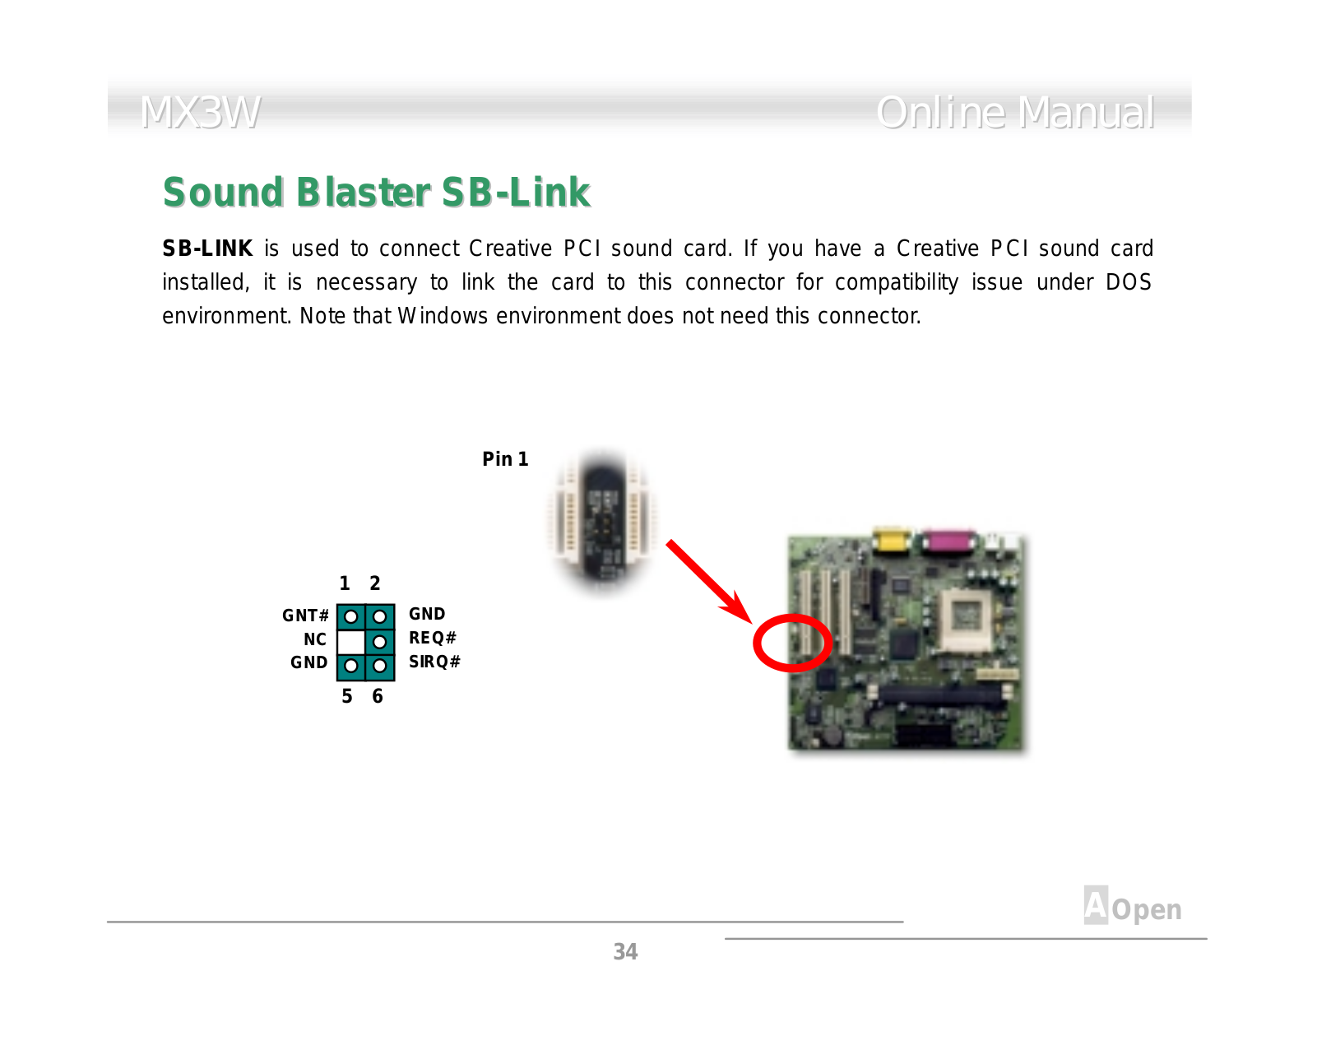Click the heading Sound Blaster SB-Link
376,193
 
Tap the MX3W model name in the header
200,113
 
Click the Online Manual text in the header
1015,113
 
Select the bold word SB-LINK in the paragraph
206,249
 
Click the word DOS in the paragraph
1129,282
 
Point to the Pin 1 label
505,458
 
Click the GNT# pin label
305,616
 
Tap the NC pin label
315,639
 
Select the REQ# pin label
433,638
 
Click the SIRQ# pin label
434,662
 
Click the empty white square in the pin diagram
350,642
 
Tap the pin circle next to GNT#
350,616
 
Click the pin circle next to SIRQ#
379,666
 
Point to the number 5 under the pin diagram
347,696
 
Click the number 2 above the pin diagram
375,583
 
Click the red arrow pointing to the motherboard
709,582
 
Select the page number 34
625,952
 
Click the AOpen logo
1132,905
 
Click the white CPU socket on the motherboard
967,618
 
